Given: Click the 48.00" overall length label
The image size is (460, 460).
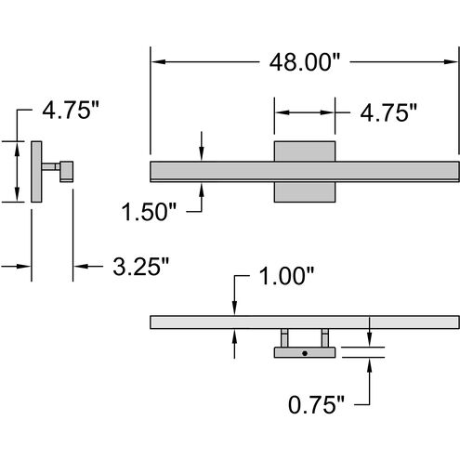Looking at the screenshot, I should point(305,62).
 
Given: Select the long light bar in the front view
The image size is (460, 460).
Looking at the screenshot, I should point(214,171).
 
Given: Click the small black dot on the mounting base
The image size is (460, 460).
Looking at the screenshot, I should point(304,354).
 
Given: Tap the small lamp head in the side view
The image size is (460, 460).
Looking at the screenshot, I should point(67,170).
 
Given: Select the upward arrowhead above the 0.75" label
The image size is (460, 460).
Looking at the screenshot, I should point(371,365).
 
